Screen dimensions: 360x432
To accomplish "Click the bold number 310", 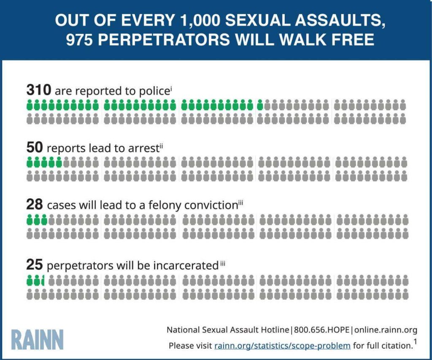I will pos(39,90).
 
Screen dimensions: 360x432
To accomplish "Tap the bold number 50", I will pos(35,148).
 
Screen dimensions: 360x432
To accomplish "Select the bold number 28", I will pos(35,205).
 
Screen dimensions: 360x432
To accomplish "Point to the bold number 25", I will pos(35,265).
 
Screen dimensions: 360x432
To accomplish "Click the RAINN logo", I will pos(38,340).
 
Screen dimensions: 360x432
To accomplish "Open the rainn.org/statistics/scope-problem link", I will pos(282,346).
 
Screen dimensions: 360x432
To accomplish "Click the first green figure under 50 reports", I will pos(30,162).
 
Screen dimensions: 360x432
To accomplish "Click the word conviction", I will pos(210,206).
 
